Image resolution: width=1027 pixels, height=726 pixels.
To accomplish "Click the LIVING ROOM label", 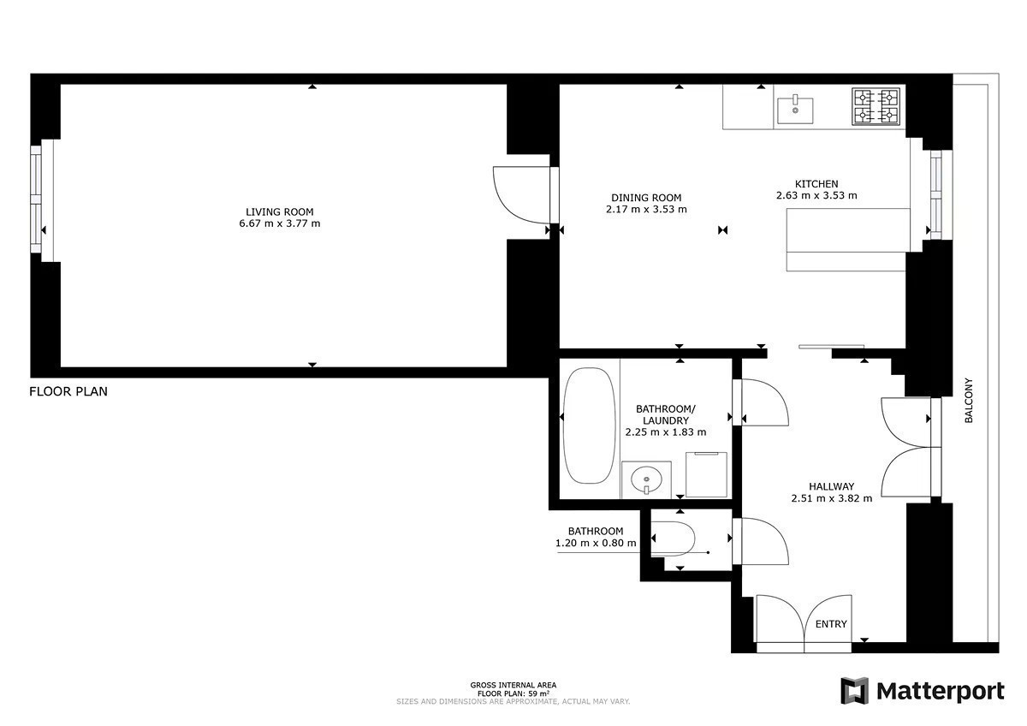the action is click(280, 211).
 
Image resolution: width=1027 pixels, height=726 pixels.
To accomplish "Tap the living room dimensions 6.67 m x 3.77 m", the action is click(280, 223).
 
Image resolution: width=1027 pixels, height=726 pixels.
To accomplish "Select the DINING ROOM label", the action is click(646, 198).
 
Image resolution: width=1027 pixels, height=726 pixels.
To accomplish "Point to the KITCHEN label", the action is click(816, 184).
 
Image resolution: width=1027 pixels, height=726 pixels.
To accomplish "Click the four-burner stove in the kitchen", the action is click(876, 107).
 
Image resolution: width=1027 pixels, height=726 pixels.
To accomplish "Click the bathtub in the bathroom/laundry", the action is click(589, 425).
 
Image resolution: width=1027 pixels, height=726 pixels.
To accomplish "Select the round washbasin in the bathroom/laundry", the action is click(646, 480).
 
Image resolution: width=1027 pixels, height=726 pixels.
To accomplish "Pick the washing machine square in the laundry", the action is click(707, 474).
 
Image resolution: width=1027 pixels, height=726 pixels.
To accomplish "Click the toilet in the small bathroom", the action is click(673, 539).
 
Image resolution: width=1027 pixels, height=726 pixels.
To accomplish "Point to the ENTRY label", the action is click(831, 624).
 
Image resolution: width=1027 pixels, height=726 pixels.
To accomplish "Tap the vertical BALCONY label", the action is click(968, 401).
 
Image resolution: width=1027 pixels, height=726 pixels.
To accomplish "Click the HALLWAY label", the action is click(832, 486).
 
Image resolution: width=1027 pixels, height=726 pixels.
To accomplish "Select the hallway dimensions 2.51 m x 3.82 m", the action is click(832, 498).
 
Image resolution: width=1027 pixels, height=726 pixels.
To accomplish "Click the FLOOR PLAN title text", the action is click(68, 391).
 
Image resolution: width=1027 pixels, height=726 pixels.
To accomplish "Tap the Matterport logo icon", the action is click(855, 691).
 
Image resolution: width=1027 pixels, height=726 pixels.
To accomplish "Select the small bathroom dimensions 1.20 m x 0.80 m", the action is click(596, 544).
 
